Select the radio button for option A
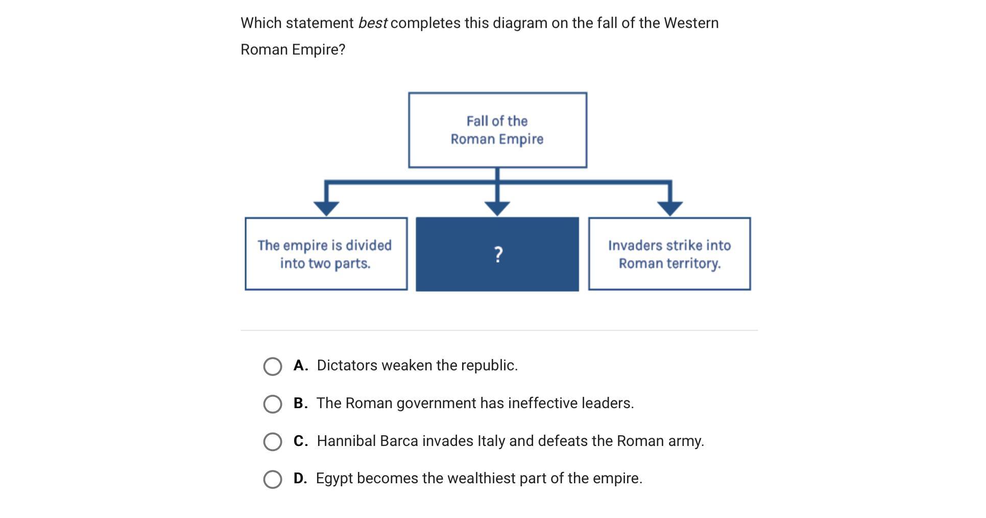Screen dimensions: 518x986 click(272, 366)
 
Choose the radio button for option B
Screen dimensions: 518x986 click(272, 404)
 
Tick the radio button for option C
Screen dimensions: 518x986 click(272, 442)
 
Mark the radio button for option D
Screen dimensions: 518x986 click(272, 479)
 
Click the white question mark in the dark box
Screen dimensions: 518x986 click(498, 254)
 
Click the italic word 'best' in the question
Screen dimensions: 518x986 click(372, 23)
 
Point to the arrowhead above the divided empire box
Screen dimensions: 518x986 click(326, 207)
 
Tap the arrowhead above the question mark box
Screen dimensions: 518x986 click(497, 207)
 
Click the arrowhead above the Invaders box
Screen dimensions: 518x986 click(670, 207)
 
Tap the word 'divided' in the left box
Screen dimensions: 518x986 click(368, 245)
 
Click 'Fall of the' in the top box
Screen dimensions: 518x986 click(497, 121)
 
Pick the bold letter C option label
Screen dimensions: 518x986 click(300, 441)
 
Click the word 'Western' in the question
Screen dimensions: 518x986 click(691, 23)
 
